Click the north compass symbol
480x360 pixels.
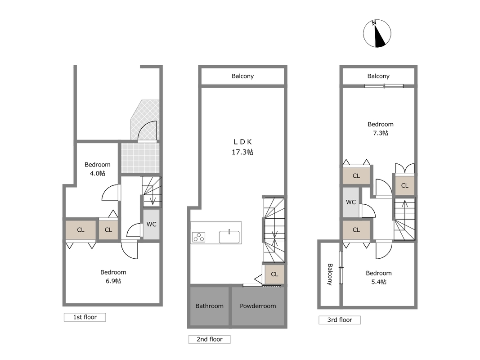[x=377, y=34]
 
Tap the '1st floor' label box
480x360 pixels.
[x=85, y=317]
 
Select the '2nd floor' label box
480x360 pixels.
[x=209, y=339]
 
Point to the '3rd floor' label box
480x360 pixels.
[x=340, y=320]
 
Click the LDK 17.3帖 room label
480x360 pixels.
[x=242, y=147]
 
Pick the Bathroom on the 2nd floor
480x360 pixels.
[x=209, y=306]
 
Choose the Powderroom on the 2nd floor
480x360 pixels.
[x=258, y=306]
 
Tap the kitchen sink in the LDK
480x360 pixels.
[x=229, y=237]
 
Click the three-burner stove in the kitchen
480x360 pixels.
[x=199, y=237]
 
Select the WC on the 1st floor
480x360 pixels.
[x=151, y=224]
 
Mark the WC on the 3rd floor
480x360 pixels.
[x=351, y=202]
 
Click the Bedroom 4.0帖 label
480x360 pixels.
[x=97, y=169]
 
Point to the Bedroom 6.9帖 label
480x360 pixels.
[x=113, y=276]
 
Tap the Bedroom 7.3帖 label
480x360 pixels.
[x=381, y=128]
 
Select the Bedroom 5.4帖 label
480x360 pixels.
[x=379, y=277]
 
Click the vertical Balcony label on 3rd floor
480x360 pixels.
[x=330, y=274]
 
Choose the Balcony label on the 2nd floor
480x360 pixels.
[x=242, y=76]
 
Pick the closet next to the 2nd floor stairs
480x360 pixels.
[x=274, y=274]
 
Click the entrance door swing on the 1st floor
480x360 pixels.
[x=148, y=131]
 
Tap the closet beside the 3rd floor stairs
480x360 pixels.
[x=405, y=185]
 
